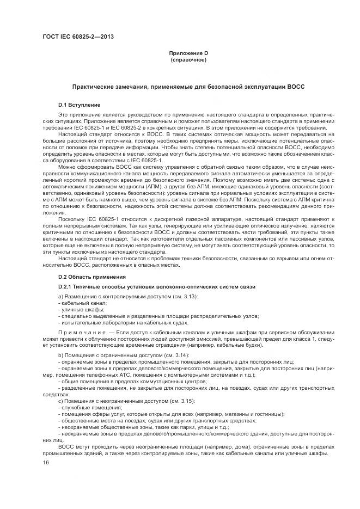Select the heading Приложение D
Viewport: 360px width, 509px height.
click(188, 53)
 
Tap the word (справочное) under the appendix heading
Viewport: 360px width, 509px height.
click(188, 59)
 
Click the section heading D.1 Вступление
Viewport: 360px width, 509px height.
click(79, 104)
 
